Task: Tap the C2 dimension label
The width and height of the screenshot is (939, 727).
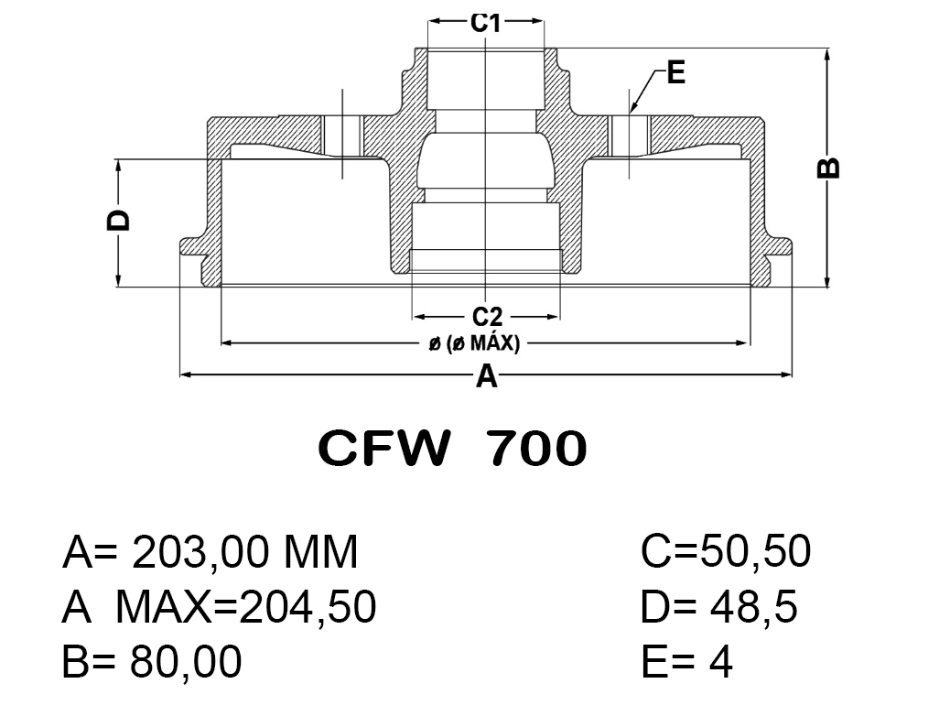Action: pos(487,317)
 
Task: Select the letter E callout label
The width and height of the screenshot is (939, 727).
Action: pos(675,73)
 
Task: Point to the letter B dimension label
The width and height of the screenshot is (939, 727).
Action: pos(827,168)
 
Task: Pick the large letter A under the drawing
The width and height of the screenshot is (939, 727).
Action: pos(487,375)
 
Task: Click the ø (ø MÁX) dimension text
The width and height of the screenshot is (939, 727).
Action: pos(474,344)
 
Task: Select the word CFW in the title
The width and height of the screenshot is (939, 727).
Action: pos(384,449)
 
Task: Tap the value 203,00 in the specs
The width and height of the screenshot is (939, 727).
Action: pos(200,553)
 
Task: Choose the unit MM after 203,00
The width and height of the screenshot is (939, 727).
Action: pos(319,553)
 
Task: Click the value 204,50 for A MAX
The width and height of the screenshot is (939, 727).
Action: pos(308,607)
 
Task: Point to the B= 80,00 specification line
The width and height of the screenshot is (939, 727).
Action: pos(152,661)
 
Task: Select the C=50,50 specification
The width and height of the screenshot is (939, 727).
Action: pos(726,553)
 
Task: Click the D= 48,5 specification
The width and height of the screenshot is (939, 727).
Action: pos(718,607)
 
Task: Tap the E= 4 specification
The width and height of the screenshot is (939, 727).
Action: pos(686,661)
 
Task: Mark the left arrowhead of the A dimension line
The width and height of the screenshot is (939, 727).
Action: pos(184,374)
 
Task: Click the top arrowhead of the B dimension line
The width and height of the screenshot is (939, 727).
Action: pos(827,53)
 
